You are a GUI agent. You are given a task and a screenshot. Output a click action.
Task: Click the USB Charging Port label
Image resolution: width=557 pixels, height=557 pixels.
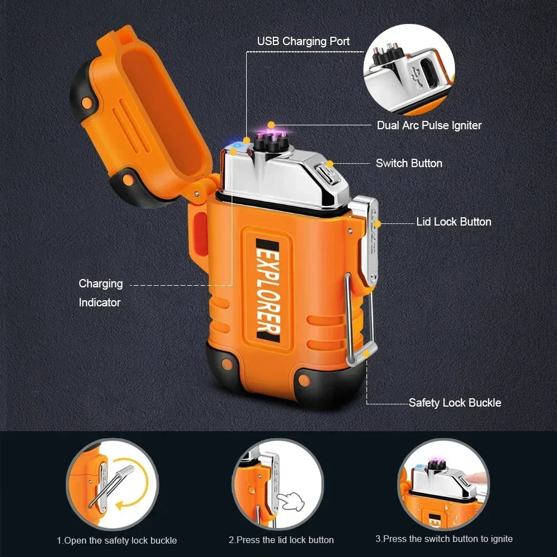pyautogui.click(x=304, y=41)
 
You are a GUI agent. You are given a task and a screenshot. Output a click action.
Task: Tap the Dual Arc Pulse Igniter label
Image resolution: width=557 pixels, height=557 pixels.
pyautogui.click(x=429, y=125)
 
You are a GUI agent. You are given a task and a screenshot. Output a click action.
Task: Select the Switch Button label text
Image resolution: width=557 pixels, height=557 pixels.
pyautogui.click(x=409, y=163)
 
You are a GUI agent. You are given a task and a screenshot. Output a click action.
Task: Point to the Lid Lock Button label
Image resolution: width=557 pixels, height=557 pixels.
pyautogui.click(x=453, y=222)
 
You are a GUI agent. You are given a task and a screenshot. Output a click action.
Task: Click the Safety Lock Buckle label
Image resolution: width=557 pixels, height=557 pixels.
pyautogui.click(x=455, y=403)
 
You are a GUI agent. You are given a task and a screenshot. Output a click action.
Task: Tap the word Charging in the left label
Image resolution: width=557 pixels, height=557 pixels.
pyautogui.click(x=101, y=284)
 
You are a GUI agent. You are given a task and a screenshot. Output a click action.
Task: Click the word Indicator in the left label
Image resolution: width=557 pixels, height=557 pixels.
pyautogui.click(x=100, y=302)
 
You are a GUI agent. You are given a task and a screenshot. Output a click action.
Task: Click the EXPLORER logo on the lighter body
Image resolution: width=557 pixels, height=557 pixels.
pyautogui.click(x=268, y=291)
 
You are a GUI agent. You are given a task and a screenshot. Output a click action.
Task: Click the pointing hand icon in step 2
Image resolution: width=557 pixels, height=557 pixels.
pyautogui.click(x=291, y=501)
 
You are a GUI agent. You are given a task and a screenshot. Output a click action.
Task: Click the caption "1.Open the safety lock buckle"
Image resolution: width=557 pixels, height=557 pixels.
pyautogui.click(x=117, y=541)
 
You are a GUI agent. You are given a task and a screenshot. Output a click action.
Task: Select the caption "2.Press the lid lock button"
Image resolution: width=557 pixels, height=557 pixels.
pyautogui.click(x=281, y=540)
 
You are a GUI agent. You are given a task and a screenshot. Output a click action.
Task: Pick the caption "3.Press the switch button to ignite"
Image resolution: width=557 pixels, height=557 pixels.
pyautogui.click(x=444, y=539)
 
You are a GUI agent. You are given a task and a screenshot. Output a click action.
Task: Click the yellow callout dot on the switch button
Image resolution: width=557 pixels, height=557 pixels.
pyautogui.click(x=330, y=164)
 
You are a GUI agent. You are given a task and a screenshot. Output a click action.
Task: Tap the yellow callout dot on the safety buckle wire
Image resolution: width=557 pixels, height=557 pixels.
pyautogui.click(x=367, y=354)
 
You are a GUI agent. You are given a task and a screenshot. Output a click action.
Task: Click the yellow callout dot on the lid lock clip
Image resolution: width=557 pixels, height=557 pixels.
pyautogui.click(x=377, y=224)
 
